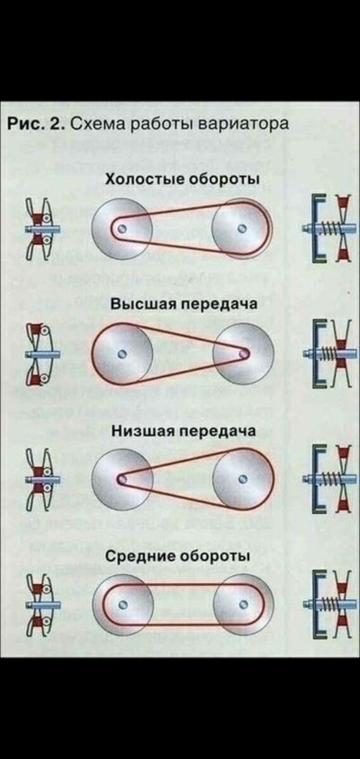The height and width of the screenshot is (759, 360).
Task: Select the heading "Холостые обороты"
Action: pyautogui.click(x=183, y=180)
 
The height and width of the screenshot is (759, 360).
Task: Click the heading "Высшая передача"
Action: pyautogui.click(x=184, y=304)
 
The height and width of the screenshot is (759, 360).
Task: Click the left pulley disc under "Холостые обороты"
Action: pyautogui.click(x=124, y=227)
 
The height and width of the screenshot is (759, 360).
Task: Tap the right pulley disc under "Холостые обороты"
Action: pyautogui.click(x=241, y=227)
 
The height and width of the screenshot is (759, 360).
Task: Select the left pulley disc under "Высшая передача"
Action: pyautogui.click(x=124, y=353)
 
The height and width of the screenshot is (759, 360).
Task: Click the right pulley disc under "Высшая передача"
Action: pyautogui.click(x=243, y=353)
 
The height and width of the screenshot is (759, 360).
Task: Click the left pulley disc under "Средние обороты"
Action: pyautogui.click(x=124, y=604)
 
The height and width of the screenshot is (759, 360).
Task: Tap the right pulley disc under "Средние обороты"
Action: pyautogui.click(x=243, y=604)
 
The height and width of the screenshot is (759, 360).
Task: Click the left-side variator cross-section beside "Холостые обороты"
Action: pyautogui.click(x=40, y=228)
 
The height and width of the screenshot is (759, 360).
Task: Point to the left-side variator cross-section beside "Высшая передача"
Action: pyautogui.click(x=40, y=354)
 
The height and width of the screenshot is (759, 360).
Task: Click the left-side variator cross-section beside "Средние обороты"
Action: pyautogui.click(x=40, y=604)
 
